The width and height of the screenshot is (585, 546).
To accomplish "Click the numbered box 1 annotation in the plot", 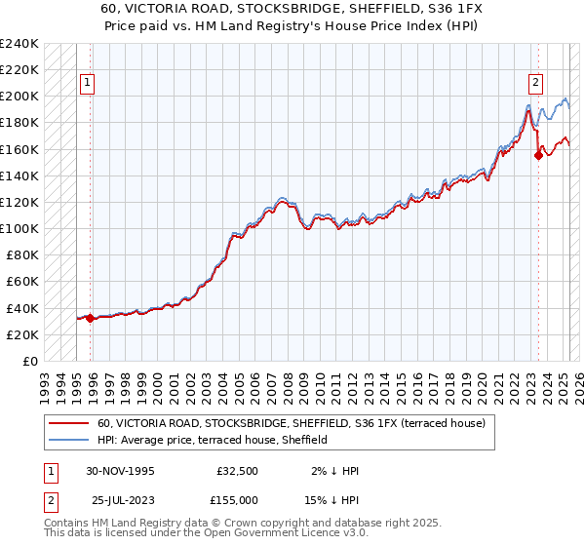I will [88, 83].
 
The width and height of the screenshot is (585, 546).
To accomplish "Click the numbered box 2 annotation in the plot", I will [536, 83].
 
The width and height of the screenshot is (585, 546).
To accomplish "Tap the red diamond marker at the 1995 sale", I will [91, 318].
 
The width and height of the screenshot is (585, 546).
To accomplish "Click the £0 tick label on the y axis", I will [30, 361].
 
